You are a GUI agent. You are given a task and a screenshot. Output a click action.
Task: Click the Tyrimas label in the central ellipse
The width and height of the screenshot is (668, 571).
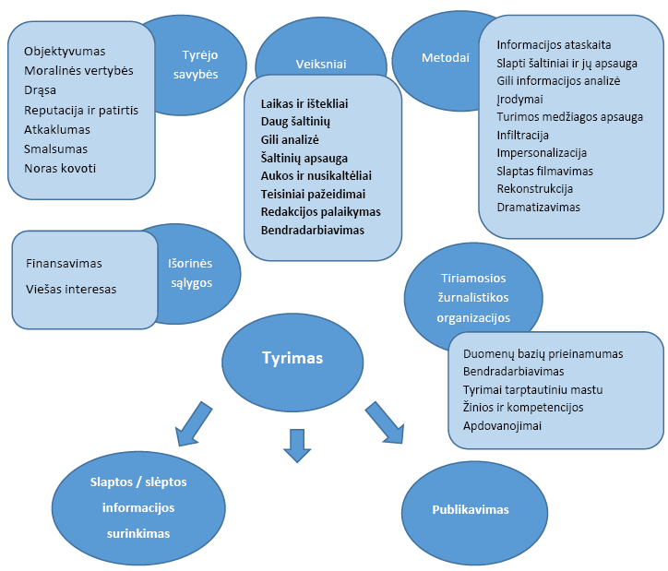292,358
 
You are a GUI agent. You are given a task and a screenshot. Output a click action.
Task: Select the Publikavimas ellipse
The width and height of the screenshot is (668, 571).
471,509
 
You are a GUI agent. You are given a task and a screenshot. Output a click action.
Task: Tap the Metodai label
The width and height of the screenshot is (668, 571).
445,57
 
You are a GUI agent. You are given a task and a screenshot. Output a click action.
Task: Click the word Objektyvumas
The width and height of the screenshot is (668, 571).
65,52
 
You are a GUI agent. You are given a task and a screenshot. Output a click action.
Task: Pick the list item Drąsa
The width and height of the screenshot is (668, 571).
41,90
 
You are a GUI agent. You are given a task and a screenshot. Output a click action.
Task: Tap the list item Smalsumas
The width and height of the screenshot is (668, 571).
56,149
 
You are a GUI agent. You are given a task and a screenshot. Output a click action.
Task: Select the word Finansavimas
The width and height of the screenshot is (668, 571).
64,263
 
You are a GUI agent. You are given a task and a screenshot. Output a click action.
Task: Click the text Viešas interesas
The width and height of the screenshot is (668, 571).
71,289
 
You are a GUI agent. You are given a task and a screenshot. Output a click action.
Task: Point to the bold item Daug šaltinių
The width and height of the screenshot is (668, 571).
295,121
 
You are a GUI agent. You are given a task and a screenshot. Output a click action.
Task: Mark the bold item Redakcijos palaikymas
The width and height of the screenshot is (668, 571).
320,211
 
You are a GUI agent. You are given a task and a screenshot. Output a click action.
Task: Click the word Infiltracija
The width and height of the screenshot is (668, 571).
522,135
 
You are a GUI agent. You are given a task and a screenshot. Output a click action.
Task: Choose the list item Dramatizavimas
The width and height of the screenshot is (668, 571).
538,207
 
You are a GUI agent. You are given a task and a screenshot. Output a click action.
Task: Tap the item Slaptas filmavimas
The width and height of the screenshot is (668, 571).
544,171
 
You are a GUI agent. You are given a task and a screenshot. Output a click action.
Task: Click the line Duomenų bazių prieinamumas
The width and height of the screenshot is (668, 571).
543,353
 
